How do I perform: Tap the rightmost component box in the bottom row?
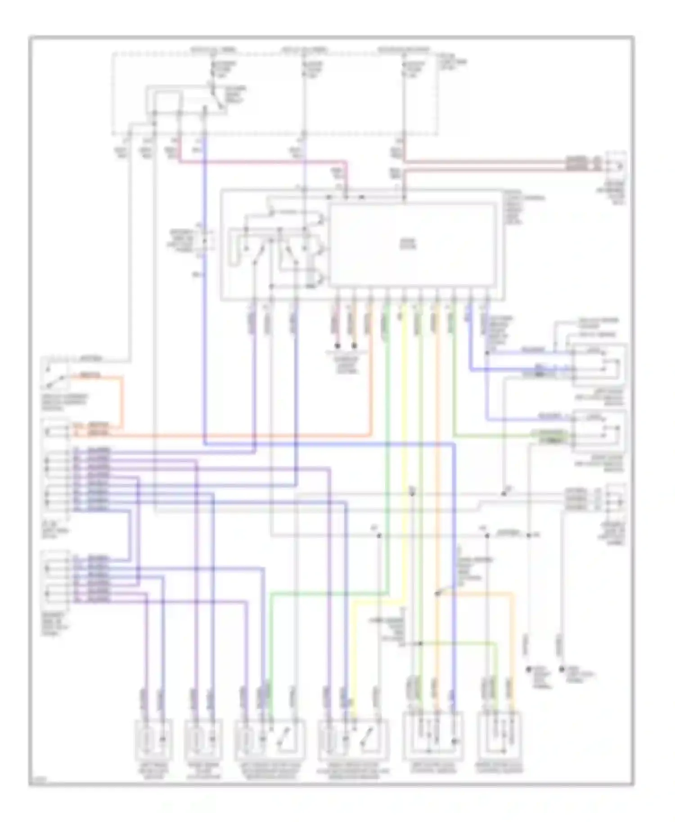pos(501,736)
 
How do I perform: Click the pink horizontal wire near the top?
pos(261,161)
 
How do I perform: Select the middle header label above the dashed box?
pos(305,49)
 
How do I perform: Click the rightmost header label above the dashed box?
pos(404,49)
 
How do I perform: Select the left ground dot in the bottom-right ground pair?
pos(529,669)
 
